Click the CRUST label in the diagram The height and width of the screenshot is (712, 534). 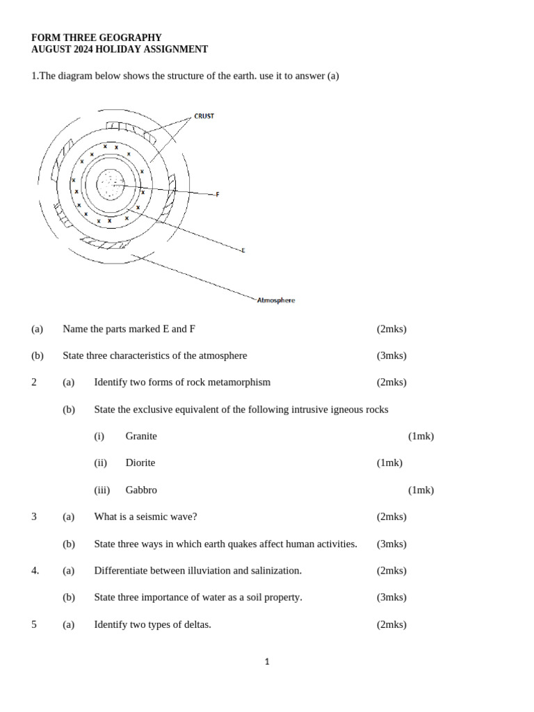tap(204, 116)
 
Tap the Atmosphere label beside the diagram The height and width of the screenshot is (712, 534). tap(276, 300)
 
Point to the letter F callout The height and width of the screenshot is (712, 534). tap(218, 195)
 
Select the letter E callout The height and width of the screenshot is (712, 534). tap(243, 250)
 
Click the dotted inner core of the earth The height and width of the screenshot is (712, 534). tap(110, 184)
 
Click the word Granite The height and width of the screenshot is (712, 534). tap(141, 436)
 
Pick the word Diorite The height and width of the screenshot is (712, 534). tap(140, 462)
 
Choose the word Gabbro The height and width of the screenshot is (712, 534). tap(141, 489)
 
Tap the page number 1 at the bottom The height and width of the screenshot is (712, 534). tap(267, 662)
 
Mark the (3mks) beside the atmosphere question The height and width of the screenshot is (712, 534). tap(391, 355)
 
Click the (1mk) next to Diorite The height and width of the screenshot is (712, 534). tap(389, 462)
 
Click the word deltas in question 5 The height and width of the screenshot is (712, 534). tap(195, 624)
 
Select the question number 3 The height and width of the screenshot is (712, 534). tap(34, 517)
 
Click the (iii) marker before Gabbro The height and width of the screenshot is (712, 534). tap(102, 489)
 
